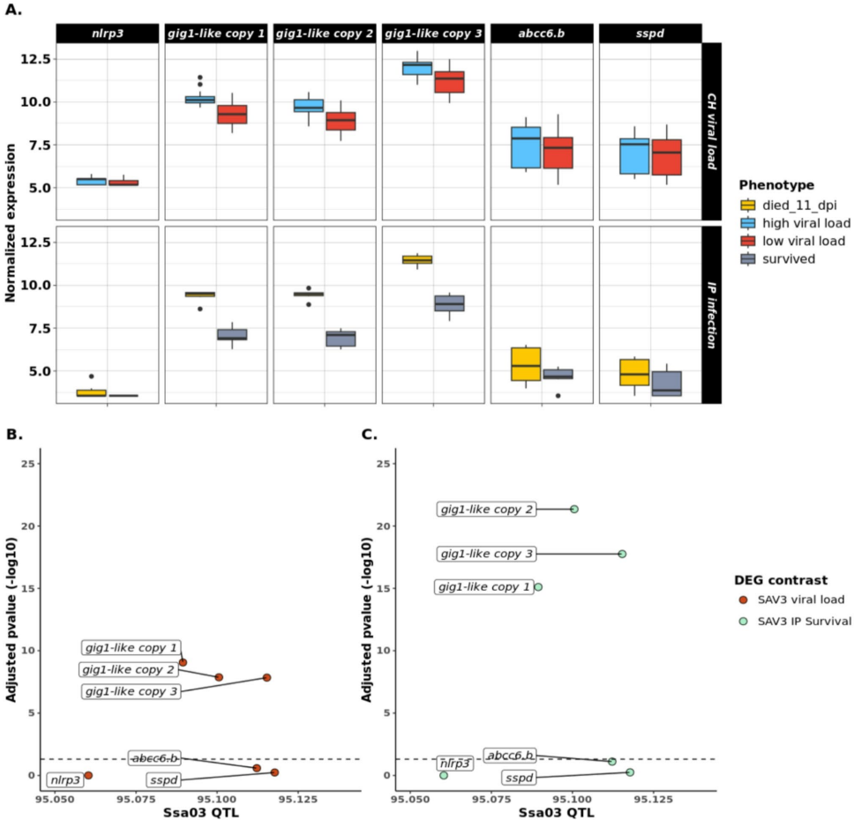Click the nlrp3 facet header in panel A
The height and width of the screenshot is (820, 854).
pyautogui.click(x=107, y=34)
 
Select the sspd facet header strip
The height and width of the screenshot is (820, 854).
pyautogui.click(x=650, y=34)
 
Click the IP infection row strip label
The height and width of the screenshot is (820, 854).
pyautogui.click(x=712, y=315)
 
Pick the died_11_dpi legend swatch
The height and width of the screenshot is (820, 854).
pyautogui.click(x=748, y=205)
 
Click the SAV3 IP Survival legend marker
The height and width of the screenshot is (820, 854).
pyautogui.click(x=744, y=621)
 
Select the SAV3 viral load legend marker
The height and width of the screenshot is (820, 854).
pyautogui.click(x=744, y=600)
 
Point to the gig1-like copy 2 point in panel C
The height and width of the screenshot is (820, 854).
pyautogui.click(x=574, y=509)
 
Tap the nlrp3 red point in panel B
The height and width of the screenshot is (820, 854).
pyautogui.click(x=88, y=775)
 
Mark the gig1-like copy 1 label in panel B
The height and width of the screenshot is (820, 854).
pyautogui.click(x=131, y=648)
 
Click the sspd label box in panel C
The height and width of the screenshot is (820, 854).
pyautogui.click(x=519, y=778)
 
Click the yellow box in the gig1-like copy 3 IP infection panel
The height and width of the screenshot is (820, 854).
pyautogui.click(x=416, y=259)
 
